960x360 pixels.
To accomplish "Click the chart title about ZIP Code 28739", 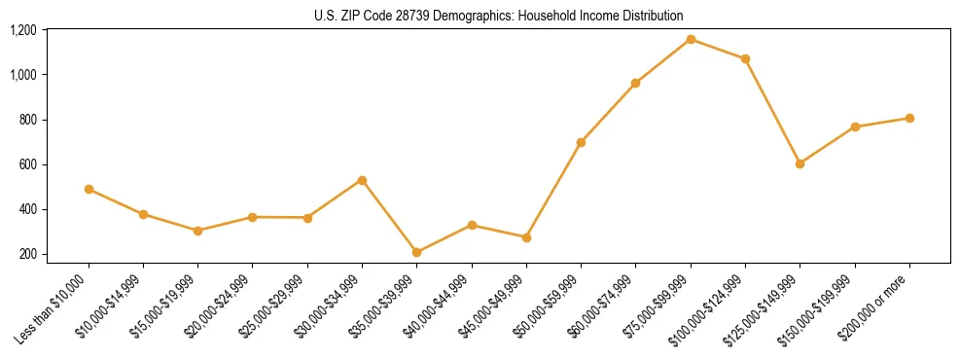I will pyautogui.click(x=499, y=16).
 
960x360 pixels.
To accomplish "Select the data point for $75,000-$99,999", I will pyautogui.click(x=691, y=39).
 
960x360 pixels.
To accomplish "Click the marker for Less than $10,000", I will pyautogui.click(x=89, y=189).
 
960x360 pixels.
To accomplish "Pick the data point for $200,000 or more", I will pyautogui.click(x=909, y=118).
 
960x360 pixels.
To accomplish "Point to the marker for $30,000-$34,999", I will pyautogui.click(x=362, y=180).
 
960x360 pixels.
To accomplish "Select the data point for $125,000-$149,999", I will pyautogui.click(x=800, y=163).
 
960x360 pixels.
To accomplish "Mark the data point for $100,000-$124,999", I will pyautogui.click(x=745, y=58).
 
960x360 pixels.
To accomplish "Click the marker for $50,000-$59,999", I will pyautogui.click(x=581, y=142).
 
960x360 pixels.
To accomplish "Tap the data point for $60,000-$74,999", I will pyautogui.click(x=635, y=83).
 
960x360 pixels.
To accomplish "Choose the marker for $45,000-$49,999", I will pyautogui.click(x=526, y=237).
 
